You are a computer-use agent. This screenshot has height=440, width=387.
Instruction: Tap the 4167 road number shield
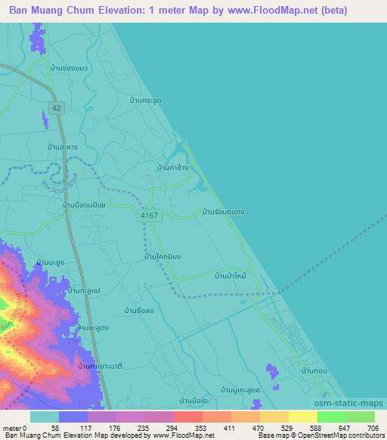tap(148, 215)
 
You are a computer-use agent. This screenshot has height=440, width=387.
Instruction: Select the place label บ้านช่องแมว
tap(69, 68)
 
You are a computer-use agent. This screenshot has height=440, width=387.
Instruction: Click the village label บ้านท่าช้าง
tap(173, 166)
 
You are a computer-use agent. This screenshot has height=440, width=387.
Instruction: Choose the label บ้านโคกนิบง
tap(163, 257)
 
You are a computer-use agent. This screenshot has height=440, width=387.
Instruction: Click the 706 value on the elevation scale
tap(371, 427)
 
